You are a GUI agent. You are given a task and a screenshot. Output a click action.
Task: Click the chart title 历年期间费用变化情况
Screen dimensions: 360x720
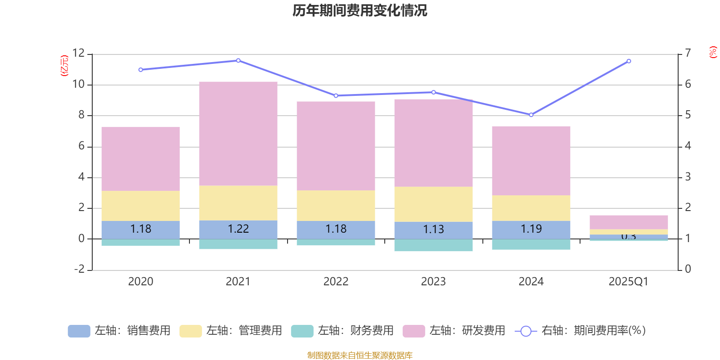click(x=360, y=10)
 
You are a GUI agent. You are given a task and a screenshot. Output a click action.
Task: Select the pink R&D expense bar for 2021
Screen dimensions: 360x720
click(x=238, y=134)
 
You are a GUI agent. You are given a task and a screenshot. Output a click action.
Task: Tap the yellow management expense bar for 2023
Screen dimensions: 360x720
click(x=433, y=204)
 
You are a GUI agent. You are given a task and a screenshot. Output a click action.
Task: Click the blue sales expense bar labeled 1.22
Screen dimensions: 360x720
click(x=238, y=229)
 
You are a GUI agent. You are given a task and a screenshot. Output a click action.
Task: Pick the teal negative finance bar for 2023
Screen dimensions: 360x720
click(x=433, y=245)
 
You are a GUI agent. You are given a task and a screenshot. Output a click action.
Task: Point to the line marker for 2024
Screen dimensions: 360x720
click(x=531, y=115)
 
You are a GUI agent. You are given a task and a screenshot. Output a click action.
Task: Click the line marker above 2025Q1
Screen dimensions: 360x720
click(x=629, y=61)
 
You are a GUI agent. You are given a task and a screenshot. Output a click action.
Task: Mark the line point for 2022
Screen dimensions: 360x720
click(x=336, y=96)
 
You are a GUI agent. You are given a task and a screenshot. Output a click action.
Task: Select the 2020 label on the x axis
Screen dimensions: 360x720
click(x=140, y=282)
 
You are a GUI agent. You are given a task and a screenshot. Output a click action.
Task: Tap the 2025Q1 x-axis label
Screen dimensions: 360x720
click(x=628, y=282)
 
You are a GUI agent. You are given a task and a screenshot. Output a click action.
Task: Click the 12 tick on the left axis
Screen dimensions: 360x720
click(x=78, y=53)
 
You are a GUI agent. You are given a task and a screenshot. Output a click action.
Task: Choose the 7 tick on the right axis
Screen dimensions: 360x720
click(x=688, y=53)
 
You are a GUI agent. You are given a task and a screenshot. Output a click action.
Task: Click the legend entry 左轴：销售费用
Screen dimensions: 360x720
click(x=119, y=331)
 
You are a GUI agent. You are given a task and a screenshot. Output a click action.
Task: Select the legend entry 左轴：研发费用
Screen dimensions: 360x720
click(x=454, y=331)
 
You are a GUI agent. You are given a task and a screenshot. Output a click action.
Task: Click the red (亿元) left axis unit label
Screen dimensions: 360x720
click(x=64, y=66)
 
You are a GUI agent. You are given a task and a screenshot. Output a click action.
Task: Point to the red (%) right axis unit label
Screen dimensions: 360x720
click(x=713, y=52)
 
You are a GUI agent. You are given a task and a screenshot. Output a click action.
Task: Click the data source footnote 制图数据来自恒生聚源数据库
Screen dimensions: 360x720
click(x=360, y=355)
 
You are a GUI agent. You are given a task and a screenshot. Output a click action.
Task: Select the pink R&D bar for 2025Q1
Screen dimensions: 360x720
click(x=629, y=222)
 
